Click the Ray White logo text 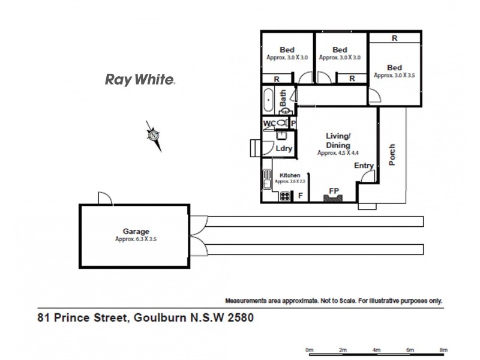pyautogui.click(x=140, y=79)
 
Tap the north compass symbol pyautogui.click(x=154, y=135)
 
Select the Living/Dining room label pyautogui.click(x=338, y=140)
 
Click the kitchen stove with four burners pyautogui.click(x=284, y=195)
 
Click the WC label pyautogui.click(x=269, y=123)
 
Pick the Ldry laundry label pyautogui.click(x=284, y=149)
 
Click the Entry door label pyautogui.click(x=364, y=166)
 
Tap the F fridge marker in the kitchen pyautogui.click(x=300, y=196)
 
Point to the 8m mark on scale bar pyautogui.click(x=443, y=349)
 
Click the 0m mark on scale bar pyautogui.click(x=310, y=349)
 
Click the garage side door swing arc pyautogui.click(x=103, y=197)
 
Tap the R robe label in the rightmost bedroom pyautogui.click(x=394, y=38)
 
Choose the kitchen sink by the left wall pyautogui.click(x=266, y=179)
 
